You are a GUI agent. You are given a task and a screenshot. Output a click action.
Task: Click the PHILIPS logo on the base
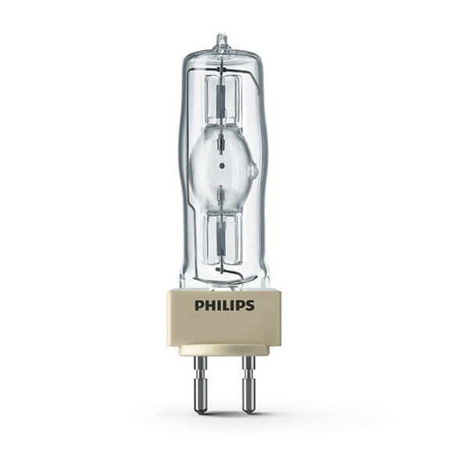click(x=224, y=305)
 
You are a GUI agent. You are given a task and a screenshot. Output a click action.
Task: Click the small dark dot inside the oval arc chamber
click(x=223, y=166)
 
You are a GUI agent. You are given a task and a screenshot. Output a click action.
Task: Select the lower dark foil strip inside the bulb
click(x=223, y=234)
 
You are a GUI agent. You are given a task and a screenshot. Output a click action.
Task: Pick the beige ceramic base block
click(x=224, y=316)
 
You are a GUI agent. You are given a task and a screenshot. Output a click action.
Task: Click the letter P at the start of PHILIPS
click(x=198, y=305)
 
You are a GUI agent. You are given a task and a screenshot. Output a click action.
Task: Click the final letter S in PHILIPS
click(x=250, y=305)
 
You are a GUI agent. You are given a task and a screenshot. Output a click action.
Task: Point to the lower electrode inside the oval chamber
click(x=223, y=191)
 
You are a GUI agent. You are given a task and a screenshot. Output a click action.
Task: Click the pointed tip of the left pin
click(x=201, y=411)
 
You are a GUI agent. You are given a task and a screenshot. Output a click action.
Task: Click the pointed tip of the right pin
click(x=248, y=411)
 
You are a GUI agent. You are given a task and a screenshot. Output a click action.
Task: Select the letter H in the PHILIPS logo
click(x=208, y=305)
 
